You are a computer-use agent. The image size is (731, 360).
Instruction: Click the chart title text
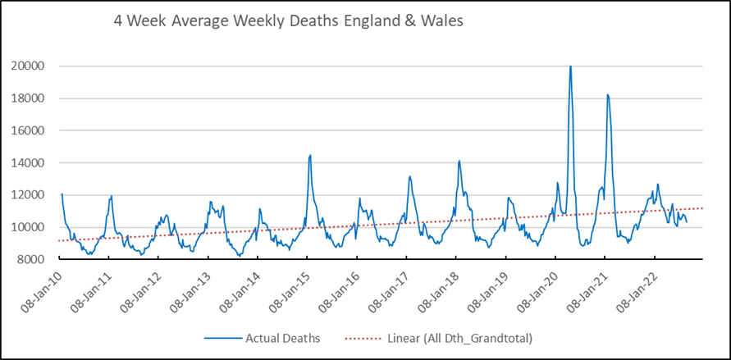pyautogui.click(x=288, y=22)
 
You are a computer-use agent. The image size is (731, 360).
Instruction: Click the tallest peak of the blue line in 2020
pyautogui.click(x=570, y=66)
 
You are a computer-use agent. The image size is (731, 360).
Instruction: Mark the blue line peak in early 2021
pyautogui.click(x=607, y=95)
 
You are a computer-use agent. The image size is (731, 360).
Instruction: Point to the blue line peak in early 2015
pyautogui.click(x=310, y=155)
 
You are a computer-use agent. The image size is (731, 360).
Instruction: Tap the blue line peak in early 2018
pyautogui.click(x=459, y=161)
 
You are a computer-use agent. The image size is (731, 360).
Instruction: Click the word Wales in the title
pyautogui.click(x=441, y=22)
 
